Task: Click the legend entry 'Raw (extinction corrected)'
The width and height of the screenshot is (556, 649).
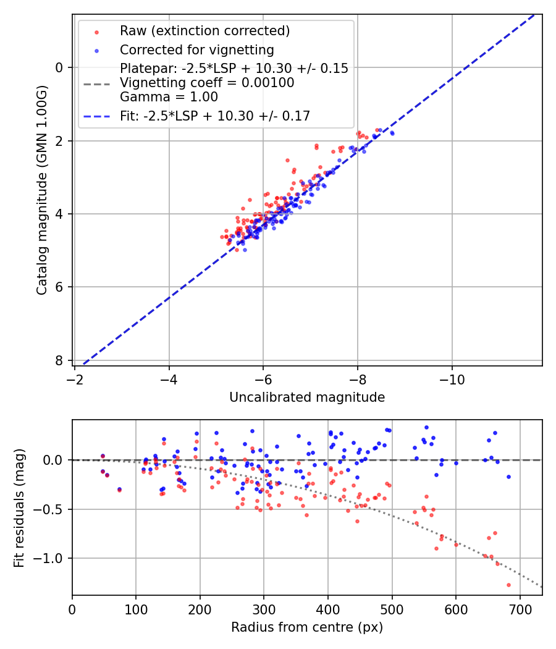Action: pyautogui.click(x=204, y=31)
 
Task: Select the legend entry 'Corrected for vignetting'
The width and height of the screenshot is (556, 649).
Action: pyautogui.click(x=197, y=49)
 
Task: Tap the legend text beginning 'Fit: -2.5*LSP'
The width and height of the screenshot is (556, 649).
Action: pyautogui.click(x=215, y=116)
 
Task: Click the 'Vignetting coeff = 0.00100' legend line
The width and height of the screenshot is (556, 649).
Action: pyautogui.click(x=207, y=83)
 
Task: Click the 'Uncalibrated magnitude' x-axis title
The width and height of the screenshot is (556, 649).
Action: pyautogui.click(x=307, y=397)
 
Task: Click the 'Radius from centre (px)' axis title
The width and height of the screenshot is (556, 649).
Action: pyautogui.click(x=307, y=627)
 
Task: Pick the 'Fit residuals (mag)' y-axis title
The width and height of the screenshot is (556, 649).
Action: pyautogui.click(x=19, y=507)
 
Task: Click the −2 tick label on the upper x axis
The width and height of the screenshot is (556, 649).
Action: pyautogui.click(x=75, y=379)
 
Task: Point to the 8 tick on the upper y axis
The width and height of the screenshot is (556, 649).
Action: pyautogui.click(x=59, y=360)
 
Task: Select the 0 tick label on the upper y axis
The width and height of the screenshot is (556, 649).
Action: pyautogui.click(x=59, y=67)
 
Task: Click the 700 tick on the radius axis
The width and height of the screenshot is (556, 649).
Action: pyautogui.click(x=520, y=609)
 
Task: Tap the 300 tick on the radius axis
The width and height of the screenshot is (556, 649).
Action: pyautogui.click(x=264, y=609)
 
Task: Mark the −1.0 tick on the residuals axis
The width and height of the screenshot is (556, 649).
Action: pyautogui.click(x=50, y=558)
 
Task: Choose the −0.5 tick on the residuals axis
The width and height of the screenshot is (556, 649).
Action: pyautogui.click(x=50, y=509)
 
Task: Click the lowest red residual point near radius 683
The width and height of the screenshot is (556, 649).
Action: pyautogui.click(x=508, y=585)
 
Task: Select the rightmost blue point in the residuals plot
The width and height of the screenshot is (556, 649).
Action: pyautogui.click(x=508, y=477)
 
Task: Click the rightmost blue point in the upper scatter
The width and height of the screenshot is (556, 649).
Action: pyautogui.click(x=392, y=133)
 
